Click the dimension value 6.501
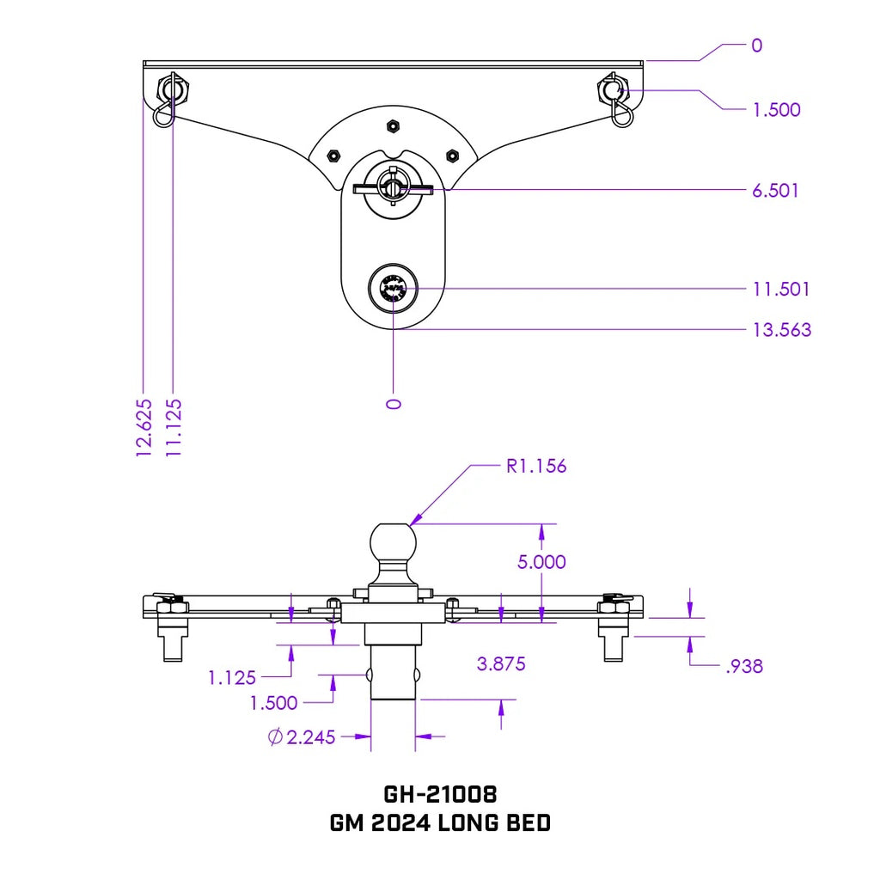pos(775,190)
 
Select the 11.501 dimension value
pos(781,289)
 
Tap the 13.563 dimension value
pos(781,330)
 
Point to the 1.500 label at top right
pos(775,110)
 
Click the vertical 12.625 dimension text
pos(144,427)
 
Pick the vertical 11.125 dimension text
pos(174,427)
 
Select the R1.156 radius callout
pos(535,467)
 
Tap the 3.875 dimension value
pos(500,663)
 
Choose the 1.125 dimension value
pos(232,677)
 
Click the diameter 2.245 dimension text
pos(302,736)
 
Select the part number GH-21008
pos(440,792)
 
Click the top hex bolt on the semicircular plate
pos(391,126)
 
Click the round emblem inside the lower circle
pos(394,289)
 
